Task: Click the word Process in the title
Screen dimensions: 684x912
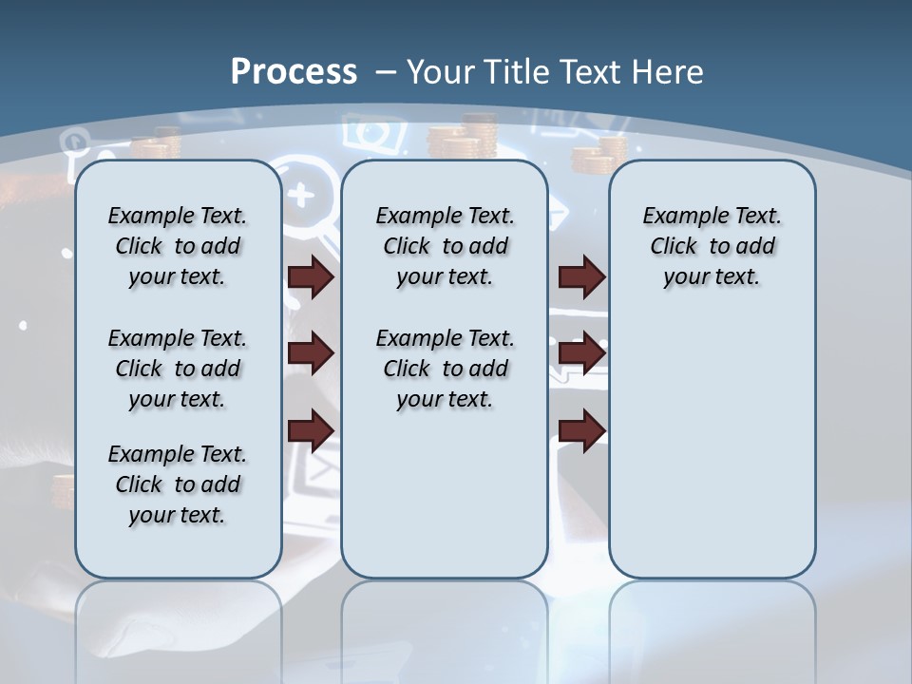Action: pyautogui.click(x=294, y=71)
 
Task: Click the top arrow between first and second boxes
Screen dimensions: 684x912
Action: pyautogui.click(x=311, y=276)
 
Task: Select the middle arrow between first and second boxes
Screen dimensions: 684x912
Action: pyautogui.click(x=311, y=353)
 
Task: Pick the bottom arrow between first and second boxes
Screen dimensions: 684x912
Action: pyautogui.click(x=311, y=430)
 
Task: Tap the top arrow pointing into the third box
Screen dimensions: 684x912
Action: pyautogui.click(x=582, y=276)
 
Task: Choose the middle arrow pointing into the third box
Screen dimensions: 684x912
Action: pyautogui.click(x=582, y=353)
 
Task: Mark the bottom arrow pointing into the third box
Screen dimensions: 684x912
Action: pyautogui.click(x=582, y=430)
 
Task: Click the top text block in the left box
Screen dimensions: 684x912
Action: pyautogui.click(x=178, y=246)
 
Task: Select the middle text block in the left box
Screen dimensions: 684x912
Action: pyautogui.click(x=178, y=369)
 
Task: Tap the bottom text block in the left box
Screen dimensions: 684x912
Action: pyautogui.click(x=178, y=484)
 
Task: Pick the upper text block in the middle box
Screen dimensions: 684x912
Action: pyautogui.click(x=445, y=246)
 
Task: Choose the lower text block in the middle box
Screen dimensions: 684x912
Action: pyautogui.click(x=445, y=369)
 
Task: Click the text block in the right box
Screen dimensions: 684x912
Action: pyautogui.click(x=712, y=246)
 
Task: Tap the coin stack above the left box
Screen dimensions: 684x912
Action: pyautogui.click(x=157, y=144)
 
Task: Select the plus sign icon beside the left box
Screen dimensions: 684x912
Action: pyautogui.click(x=301, y=194)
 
